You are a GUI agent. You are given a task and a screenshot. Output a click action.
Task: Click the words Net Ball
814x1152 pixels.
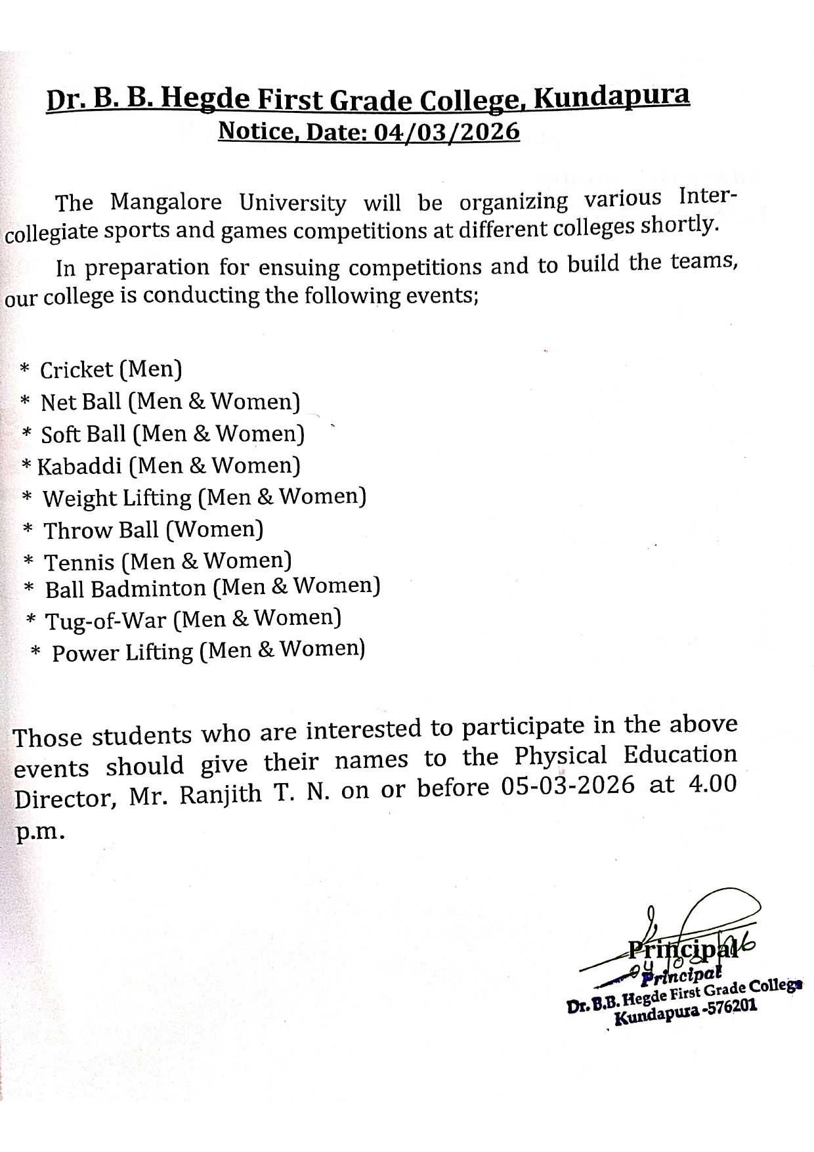click(x=81, y=402)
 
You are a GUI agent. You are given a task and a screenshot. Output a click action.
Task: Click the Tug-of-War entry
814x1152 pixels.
click(x=105, y=621)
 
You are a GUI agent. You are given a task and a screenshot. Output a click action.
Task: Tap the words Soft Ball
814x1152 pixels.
click(x=83, y=434)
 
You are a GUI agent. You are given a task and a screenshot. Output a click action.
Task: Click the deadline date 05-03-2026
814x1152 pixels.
click(x=568, y=786)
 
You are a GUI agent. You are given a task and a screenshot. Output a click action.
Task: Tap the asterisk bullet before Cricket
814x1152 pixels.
click(x=25, y=369)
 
